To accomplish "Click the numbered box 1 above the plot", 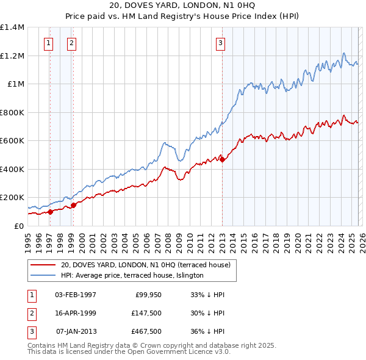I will [x=48, y=43].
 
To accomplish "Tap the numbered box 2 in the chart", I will [x=71, y=43].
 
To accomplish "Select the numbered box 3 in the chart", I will [x=220, y=43].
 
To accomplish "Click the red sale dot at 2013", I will [x=222, y=160].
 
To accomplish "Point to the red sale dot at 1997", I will [x=50, y=212].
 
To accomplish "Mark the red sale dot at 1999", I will [x=74, y=205].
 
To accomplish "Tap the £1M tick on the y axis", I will [x=15, y=84].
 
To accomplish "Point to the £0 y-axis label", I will [x=19, y=226].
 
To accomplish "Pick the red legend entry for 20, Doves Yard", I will [x=145, y=265].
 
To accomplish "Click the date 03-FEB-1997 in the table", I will [x=76, y=295].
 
